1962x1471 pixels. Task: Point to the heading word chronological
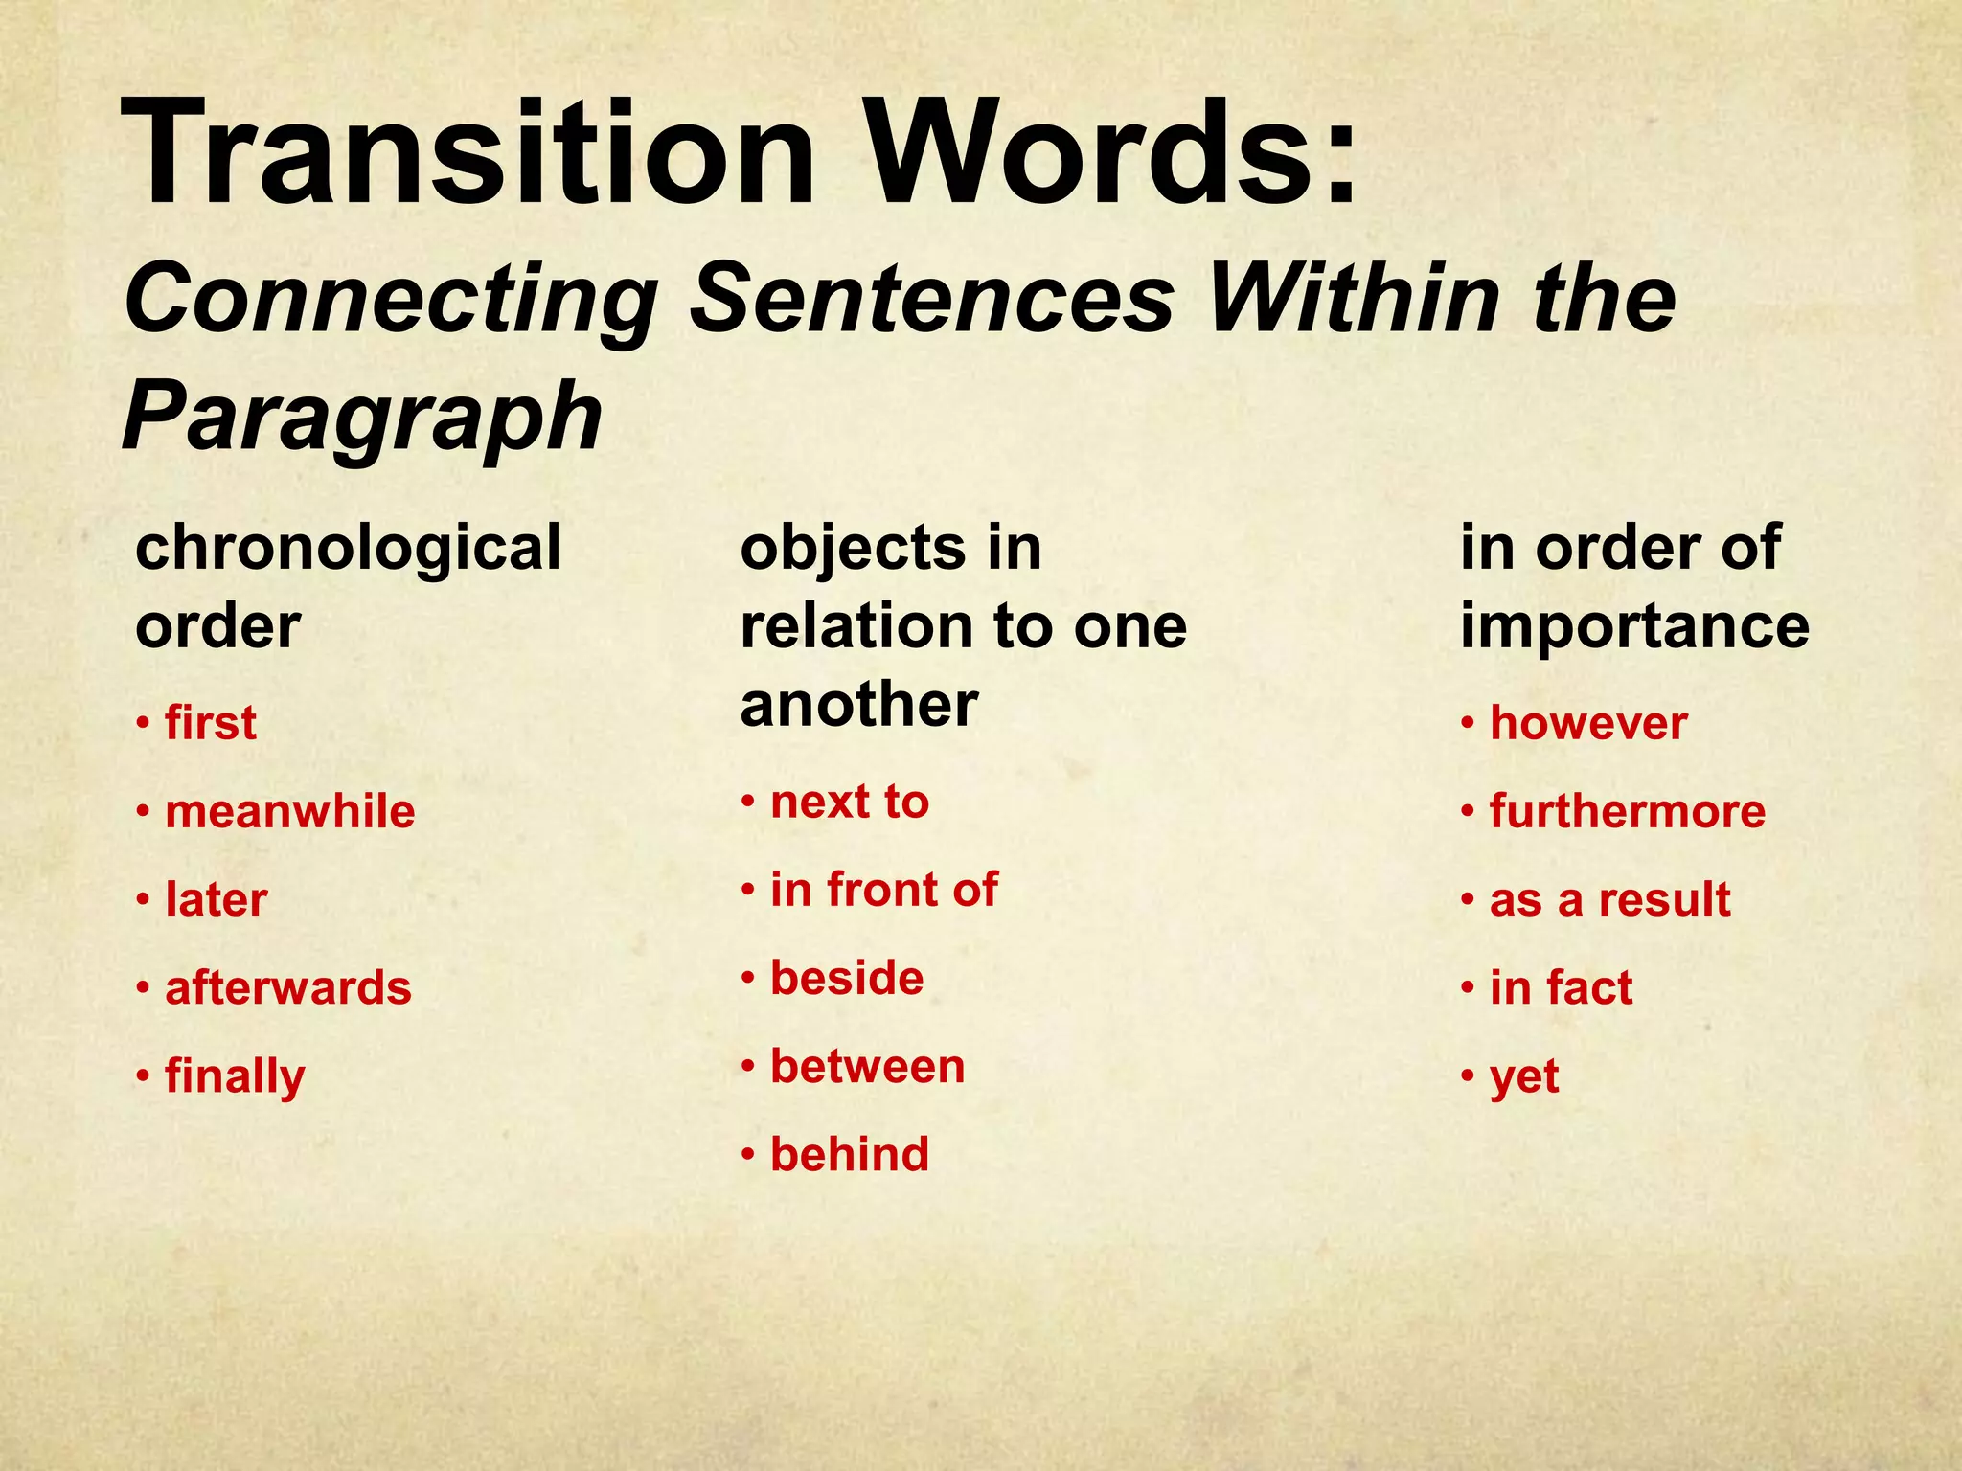click(348, 548)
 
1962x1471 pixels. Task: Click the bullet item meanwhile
click(289, 812)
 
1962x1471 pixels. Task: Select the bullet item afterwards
click(287, 987)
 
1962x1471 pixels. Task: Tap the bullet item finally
click(235, 1076)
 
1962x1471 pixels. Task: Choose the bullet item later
click(216, 900)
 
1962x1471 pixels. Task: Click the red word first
click(210, 723)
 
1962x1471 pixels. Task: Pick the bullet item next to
click(849, 802)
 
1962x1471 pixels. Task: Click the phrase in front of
click(883, 890)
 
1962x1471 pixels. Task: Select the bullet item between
click(867, 1067)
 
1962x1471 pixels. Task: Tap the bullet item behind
click(849, 1155)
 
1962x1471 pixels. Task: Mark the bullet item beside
click(847, 979)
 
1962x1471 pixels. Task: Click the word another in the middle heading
click(858, 705)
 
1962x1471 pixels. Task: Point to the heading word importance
click(1634, 626)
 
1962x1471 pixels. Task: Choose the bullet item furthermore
click(1627, 812)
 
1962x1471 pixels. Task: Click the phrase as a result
click(1609, 900)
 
